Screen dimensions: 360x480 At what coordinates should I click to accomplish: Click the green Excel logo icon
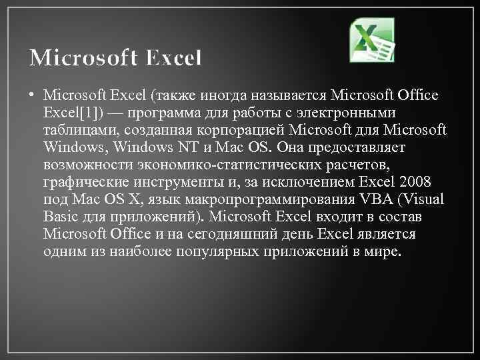coord(372,39)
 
